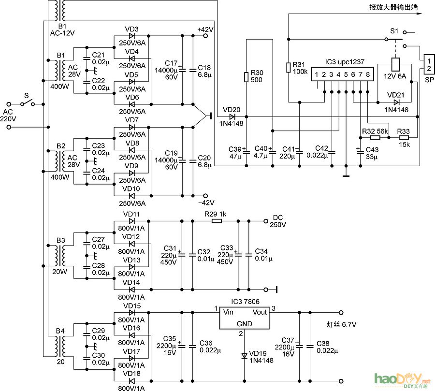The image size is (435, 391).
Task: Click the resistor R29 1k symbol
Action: click(217, 221)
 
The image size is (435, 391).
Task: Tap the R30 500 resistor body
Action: click(246, 76)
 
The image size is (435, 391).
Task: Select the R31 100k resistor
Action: click(288, 68)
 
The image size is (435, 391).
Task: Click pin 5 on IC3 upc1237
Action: click(346, 75)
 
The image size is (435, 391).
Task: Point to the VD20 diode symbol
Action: click(232, 116)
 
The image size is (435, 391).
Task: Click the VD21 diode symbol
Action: click(397, 102)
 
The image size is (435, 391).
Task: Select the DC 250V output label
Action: click(277, 221)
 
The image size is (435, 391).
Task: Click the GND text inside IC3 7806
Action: click(245, 324)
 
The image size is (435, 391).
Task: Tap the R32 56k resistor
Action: click(375, 138)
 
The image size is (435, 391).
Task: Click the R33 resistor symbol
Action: click(403, 138)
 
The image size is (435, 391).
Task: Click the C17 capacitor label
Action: click(171, 63)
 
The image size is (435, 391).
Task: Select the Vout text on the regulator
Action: click(260, 312)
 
